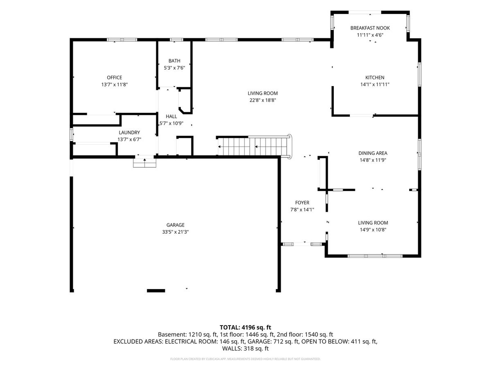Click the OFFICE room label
pos(114,77)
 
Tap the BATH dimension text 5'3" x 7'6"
pos(174,68)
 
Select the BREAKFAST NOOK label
pos(370,28)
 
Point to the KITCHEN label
pos(375,77)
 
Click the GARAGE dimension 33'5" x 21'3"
pos(176,232)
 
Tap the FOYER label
pos(302,203)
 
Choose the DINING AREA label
pos(373,153)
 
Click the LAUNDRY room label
pos(129,132)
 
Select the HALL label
pos(171,116)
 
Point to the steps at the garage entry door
pos(144,163)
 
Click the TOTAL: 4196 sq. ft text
pos(245,328)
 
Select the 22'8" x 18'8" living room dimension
pos(263,100)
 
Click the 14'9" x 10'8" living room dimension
pos(373,230)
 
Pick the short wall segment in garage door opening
pos(156,291)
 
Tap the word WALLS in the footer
pos(229,348)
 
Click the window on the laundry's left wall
pos(71,134)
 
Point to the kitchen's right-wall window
pos(420,74)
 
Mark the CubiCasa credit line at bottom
pos(245,359)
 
